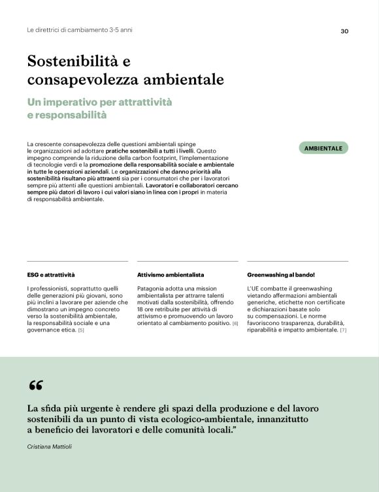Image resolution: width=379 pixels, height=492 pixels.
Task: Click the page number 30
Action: pos(344,31)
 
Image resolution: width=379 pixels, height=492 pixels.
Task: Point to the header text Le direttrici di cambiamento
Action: pos(78,31)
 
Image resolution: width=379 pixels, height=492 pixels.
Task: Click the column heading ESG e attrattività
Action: pos(51,275)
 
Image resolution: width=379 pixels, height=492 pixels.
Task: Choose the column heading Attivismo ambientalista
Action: pos(171,275)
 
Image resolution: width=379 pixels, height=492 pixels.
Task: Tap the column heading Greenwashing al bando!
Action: pos(281,275)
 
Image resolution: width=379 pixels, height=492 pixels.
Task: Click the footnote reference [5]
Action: pos(81,330)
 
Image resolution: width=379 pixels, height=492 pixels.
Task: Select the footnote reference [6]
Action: pos(235,324)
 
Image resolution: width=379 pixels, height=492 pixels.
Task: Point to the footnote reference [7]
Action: pos(343,330)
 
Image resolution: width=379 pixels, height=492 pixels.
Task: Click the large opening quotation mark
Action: pos(36,386)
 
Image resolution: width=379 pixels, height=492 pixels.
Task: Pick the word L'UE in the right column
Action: pos(255,288)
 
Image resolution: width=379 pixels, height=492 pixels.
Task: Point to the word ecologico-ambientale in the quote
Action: pos(212,419)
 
